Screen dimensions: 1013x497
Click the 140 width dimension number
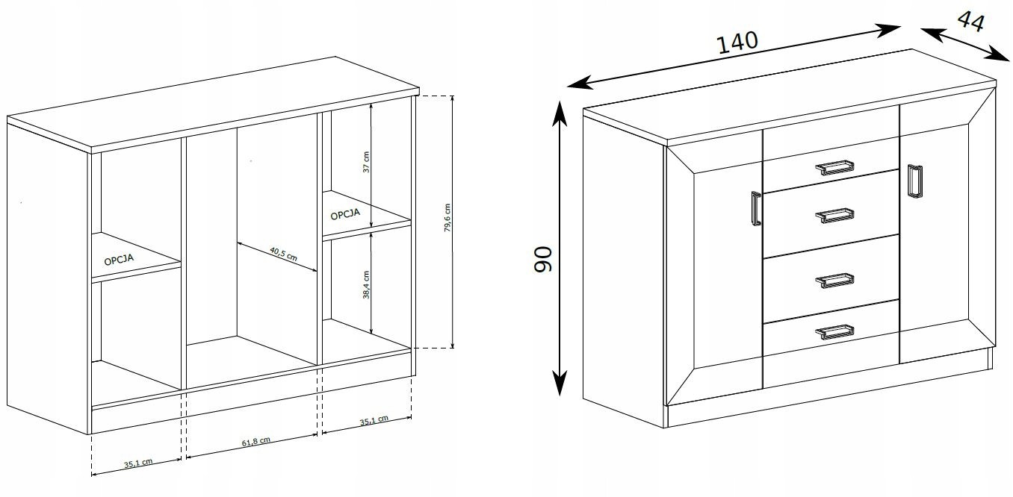[x=737, y=43]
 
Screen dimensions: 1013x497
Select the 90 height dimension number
[x=542, y=260]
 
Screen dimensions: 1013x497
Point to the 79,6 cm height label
[x=447, y=218]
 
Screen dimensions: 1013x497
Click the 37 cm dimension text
[x=366, y=162]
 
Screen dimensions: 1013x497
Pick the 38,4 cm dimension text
[x=366, y=284]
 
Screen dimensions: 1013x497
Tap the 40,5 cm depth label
[x=284, y=254]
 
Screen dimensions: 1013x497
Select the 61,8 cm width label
[x=256, y=442]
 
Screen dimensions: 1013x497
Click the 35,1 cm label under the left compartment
[x=138, y=463]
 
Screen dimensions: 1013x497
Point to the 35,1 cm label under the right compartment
[x=374, y=421]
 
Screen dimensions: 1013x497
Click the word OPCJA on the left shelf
[x=119, y=260]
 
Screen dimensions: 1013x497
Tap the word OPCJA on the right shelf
[x=345, y=213]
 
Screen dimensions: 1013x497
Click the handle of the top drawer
[x=834, y=168]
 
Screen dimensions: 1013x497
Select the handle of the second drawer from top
[x=834, y=216]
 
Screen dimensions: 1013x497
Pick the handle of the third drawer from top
[x=834, y=281]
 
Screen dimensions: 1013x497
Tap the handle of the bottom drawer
[x=834, y=332]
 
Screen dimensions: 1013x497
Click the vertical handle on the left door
[x=756, y=208]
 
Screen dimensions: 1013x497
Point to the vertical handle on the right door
[x=915, y=181]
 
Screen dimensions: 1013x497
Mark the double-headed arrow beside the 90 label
[x=560, y=248]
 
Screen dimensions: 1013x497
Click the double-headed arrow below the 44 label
[x=965, y=44]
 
